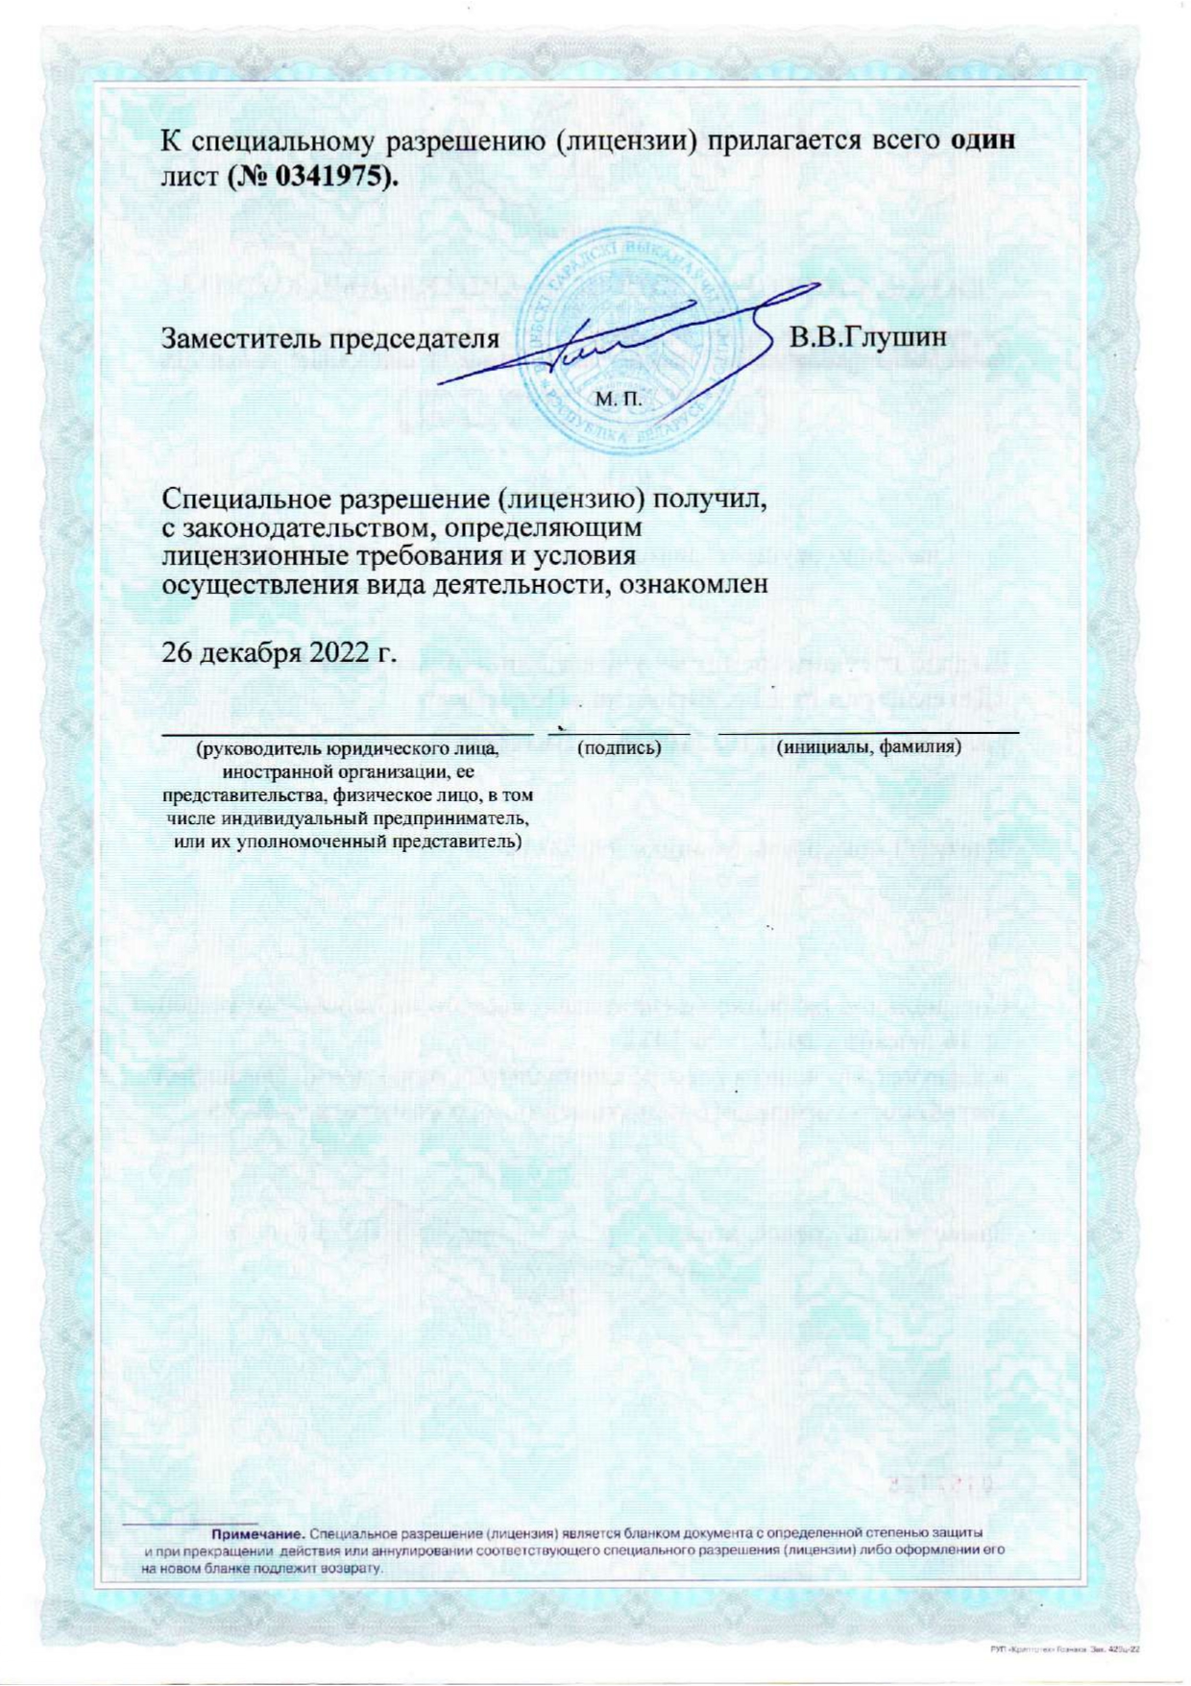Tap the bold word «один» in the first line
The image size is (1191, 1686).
pyautogui.click(x=983, y=139)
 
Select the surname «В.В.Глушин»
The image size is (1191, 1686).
pyautogui.click(x=867, y=337)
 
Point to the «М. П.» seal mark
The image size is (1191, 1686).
pyautogui.click(x=618, y=398)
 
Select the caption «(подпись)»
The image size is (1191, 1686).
pyautogui.click(x=619, y=747)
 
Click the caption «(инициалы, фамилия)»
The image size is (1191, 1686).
pyautogui.click(x=869, y=746)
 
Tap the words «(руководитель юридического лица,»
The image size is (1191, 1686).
pyautogui.click(x=347, y=747)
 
